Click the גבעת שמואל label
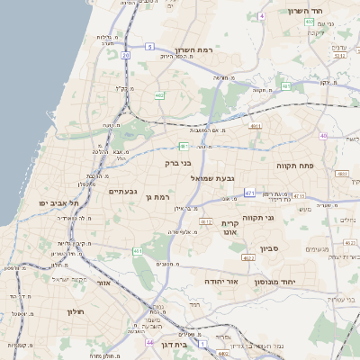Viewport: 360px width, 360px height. click(212, 179)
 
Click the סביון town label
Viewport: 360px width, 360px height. click(270, 247)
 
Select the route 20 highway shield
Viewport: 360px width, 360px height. click(126, 56)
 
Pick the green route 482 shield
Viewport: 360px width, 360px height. click(159, 94)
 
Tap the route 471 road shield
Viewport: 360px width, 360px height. click(248, 192)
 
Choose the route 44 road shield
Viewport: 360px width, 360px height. click(148, 343)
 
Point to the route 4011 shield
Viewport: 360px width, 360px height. click(256, 127)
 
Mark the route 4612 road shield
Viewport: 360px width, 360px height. click(205, 220)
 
